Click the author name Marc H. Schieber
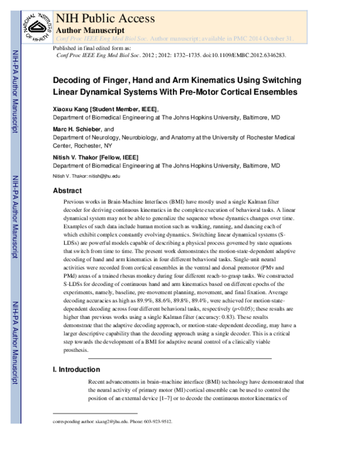77,129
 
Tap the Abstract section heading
68,190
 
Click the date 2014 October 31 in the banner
271,38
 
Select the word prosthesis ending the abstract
74,350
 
